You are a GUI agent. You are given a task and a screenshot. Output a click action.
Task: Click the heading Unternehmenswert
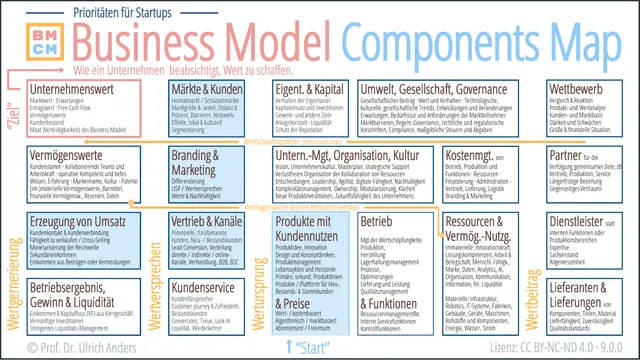coord(73,90)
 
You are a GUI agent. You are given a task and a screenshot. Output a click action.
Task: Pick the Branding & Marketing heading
coord(196,163)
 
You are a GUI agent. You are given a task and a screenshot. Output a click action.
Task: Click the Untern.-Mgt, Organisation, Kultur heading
coord(346,157)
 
